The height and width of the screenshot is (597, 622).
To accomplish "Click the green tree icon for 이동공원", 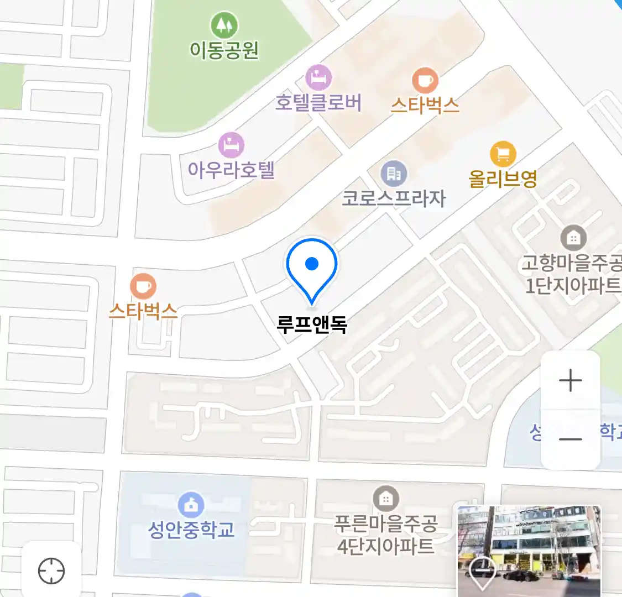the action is [x=224, y=25].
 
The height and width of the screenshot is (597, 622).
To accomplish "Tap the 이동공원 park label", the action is [x=224, y=50].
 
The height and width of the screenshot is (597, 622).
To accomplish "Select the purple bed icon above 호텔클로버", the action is [x=318, y=77].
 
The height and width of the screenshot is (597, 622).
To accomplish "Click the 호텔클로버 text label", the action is [x=318, y=103].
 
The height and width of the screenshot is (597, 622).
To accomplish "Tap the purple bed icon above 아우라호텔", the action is [x=231, y=145].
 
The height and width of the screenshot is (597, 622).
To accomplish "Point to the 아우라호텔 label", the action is [x=231, y=170].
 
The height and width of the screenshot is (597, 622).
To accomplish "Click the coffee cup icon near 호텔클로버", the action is [x=425, y=81].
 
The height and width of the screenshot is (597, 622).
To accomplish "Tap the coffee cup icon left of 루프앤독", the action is [x=143, y=286].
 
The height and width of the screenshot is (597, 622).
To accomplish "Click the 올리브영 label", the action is [x=503, y=179].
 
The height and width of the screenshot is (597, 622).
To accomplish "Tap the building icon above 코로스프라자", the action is [x=393, y=174].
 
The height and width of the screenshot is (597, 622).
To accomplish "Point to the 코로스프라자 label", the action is [x=393, y=198].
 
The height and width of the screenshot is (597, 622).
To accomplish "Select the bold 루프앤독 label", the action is [x=312, y=324].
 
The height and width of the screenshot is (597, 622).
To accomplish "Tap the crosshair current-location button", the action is [x=51, y=571].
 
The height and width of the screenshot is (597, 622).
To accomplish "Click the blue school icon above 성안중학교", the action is [x=191, y=505].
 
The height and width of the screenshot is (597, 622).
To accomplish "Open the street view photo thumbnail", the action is [x=529, y=551].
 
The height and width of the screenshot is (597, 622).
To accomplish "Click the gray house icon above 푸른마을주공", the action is [x=385, y=499].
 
